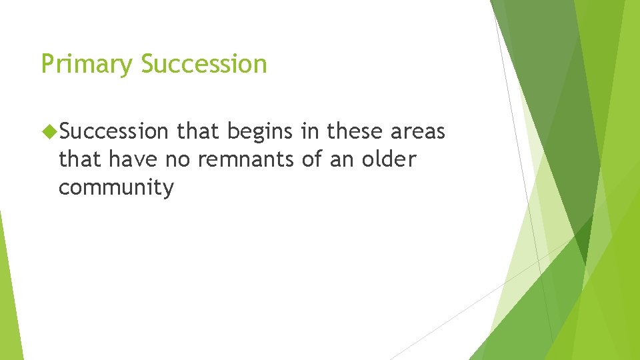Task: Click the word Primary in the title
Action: [88, 65]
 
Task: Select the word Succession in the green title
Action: [204, 65]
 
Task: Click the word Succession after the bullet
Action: [114, 132]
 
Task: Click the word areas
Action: [417, 132]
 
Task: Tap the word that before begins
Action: [199, 132]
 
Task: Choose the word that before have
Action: [80, 160]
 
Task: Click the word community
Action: [116, 188]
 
